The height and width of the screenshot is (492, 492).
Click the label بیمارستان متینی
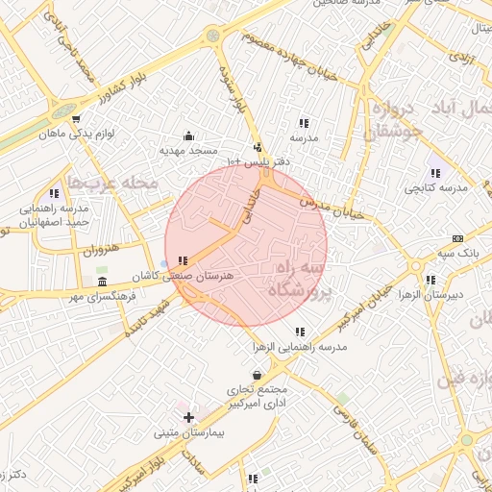pyautogui.click(x=189, y=433)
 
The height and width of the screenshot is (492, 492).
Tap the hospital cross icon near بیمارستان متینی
pyautogui.click(x=189, y=418)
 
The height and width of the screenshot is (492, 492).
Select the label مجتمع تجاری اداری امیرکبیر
pyautogui.click(x=257, y=396)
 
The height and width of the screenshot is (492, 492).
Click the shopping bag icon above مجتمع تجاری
pyautogui.click(x=257, y=375)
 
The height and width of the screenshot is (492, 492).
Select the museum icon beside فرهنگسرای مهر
pyautogui.click(x=102, y=281)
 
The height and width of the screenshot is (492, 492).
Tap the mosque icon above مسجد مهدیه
pyautogui.click(x=188, y=135)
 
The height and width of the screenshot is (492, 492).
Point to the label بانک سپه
pyautogui.click(x=456, y=252)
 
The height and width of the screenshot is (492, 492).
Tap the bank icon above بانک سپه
pyautogui.click(x=457, y=238)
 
